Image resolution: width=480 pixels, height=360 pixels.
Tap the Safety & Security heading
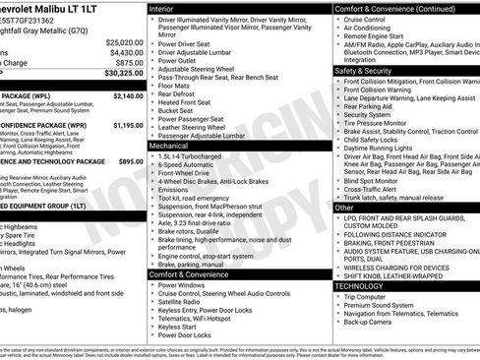pyautogui.click(x=365, y=71)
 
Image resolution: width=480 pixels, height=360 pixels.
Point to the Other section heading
pyautogui.click(x=344, y=208)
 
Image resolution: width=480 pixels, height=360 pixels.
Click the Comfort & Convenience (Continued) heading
pyautogui.click(x=389, y=8)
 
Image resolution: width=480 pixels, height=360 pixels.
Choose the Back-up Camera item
pyautogui.click(x=373, y=322)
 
